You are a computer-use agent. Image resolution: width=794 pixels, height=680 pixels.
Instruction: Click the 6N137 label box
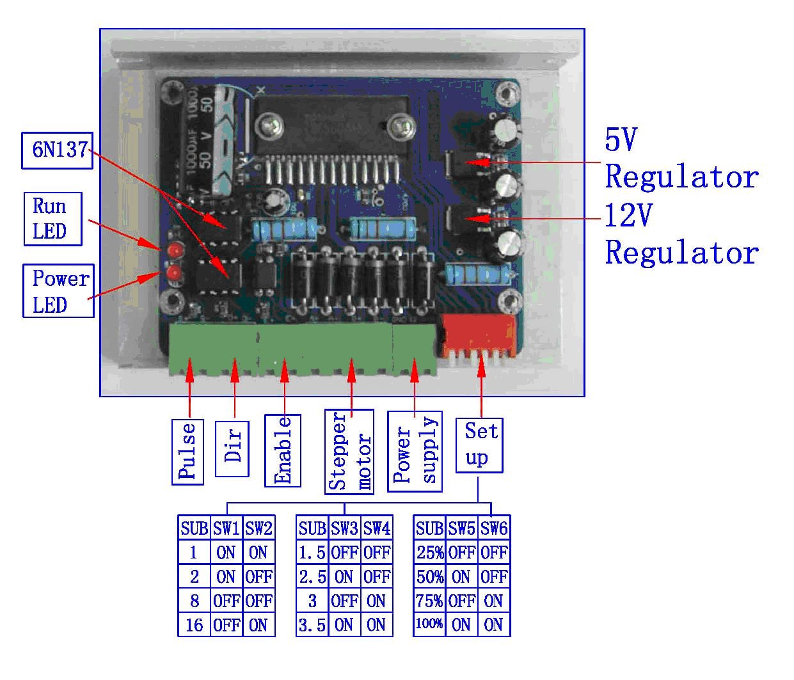click(x=58, y=150)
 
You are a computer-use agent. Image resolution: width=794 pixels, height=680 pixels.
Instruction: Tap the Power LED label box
click(x=60, y=291)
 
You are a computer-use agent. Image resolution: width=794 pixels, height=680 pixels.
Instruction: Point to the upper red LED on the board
click(x=173, y=249)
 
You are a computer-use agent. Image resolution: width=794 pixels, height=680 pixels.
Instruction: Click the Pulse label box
click(x=187, y=452)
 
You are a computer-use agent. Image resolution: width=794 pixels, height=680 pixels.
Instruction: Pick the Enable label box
click(x=283, y=450)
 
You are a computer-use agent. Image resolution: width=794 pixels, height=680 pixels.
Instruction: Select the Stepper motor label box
click(x=349, y=452)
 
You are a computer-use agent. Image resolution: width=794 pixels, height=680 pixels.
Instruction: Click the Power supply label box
click(x=415, y=452)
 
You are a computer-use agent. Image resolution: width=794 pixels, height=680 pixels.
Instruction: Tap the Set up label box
click(x=479, y=445)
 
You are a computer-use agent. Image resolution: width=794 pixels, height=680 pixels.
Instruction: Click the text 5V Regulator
click(x=681, y=158)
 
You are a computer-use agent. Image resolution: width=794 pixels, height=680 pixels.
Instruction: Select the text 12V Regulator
click(x=681, y=234)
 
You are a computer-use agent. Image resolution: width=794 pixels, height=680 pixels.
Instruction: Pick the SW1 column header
click(x=226, y=528)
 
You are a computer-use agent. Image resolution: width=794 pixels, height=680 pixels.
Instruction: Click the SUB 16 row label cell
click(x=194, y=625)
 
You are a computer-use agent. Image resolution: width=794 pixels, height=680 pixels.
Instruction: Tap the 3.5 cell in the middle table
click(x=312, y=625)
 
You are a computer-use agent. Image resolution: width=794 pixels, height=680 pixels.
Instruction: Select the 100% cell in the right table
click(x=429, y=624)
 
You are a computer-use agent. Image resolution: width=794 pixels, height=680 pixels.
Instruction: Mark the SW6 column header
click(x=494, y=528)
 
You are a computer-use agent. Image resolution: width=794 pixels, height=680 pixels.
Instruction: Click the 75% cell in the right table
click(x=429, y=601)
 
